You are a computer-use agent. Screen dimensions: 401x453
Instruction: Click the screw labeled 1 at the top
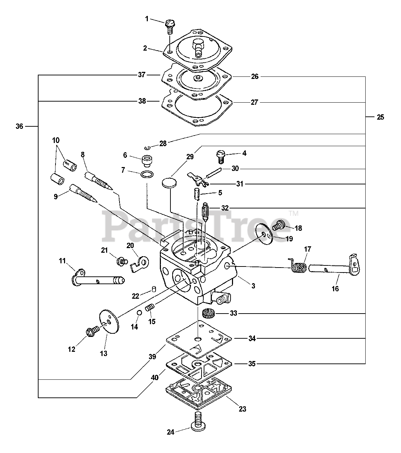[x=170, y=27]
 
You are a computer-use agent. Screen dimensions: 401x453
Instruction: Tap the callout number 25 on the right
[x=380, y=117]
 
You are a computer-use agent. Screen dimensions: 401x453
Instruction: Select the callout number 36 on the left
[x=19, y=126]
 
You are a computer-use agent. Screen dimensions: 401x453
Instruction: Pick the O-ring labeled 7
[x=147, y=174]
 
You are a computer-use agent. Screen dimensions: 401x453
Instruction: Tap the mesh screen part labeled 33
[x=208, y=313]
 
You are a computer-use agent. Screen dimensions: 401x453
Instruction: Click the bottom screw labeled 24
[x=198, y=421]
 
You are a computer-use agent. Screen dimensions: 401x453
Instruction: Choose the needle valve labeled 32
[x=205, y=211]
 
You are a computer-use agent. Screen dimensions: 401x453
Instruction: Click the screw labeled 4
[x=221, y=157]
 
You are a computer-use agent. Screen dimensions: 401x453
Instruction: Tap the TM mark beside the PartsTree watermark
[x=294, y=213]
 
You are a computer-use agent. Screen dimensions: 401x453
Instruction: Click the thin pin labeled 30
[x=214, y=173]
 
